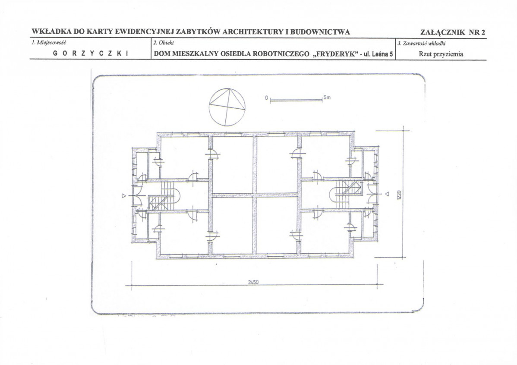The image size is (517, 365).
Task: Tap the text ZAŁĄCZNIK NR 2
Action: click(453, 32)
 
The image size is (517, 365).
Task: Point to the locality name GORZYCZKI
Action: click(90, 53)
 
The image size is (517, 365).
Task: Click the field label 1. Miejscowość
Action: click(49, 43)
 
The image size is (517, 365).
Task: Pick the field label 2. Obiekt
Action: click(164, 43)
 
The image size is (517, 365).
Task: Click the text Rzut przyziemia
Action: click(441, 54)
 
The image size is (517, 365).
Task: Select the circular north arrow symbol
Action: click(227, 107)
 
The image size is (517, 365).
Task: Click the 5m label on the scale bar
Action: click(327, 98)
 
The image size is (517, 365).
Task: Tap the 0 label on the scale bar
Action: click(266, 98)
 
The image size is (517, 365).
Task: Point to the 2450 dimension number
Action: click(253, 282)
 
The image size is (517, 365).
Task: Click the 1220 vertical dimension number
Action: click(398, 194)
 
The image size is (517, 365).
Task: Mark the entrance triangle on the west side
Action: click(124, 196)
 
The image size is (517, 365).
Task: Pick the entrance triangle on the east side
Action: click(388, 194)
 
